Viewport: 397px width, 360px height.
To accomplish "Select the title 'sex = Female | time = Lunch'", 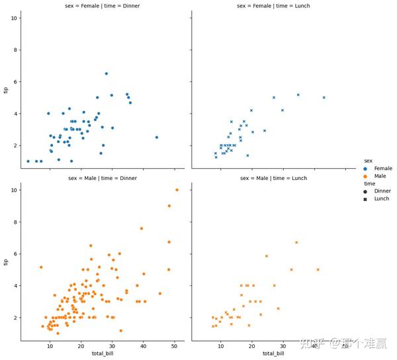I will (273, 6).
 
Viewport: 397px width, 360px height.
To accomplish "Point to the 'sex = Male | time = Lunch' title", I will (273, 178).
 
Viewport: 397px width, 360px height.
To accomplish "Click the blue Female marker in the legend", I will (367, 169).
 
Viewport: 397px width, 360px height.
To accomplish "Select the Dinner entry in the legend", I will (382, 191).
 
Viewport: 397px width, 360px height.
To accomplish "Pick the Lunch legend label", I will (382, 199).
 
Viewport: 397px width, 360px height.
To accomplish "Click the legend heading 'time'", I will (371, 183).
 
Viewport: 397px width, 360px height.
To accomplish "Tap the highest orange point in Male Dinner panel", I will (177, 190).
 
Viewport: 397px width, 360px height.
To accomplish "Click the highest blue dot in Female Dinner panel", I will (106, 73).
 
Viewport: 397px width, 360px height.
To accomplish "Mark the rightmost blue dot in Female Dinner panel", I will (157, 138).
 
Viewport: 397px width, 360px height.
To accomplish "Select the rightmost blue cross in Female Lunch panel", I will (324, 97).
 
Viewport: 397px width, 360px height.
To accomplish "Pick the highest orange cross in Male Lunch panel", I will (296, 242).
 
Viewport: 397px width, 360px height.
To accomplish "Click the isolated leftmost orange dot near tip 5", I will (41, 267).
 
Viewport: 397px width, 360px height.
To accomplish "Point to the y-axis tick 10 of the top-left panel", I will (14, 18).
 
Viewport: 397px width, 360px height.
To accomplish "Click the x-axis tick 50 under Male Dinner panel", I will (175, 346).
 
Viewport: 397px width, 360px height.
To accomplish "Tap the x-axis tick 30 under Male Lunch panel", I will (283, 346).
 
